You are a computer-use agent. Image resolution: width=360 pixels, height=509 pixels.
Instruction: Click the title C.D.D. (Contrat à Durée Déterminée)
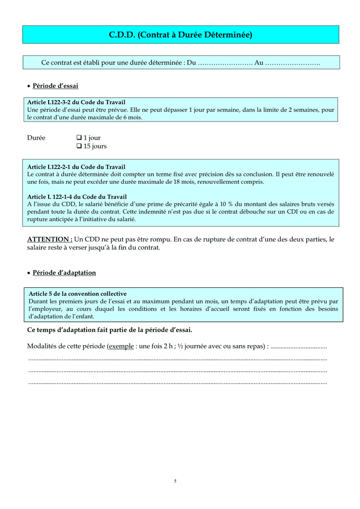tap(180, 35)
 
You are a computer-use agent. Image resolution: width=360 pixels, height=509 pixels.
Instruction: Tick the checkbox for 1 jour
tap(79, 138)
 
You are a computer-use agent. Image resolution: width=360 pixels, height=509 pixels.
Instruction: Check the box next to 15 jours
tap(79, 146)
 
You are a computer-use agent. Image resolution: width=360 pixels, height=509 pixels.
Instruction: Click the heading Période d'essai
tap(55, 86)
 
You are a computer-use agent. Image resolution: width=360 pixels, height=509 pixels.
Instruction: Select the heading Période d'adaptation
tap(64, 273)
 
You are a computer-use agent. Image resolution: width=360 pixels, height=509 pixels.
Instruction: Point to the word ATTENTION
tap(50, 239)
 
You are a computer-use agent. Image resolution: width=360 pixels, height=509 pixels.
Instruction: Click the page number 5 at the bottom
tap(175, 481)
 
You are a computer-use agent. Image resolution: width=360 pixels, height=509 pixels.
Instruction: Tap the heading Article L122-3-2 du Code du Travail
tap(76, 102)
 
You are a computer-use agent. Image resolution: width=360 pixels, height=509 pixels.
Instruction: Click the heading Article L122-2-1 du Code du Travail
tap(76, 167)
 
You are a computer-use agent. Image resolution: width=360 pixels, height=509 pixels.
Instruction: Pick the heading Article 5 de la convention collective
tap(77, 294)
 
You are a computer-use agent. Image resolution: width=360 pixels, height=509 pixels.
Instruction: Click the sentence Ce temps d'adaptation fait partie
tap(109, 330)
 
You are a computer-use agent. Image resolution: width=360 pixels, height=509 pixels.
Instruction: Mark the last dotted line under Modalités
tap(177, 383)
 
